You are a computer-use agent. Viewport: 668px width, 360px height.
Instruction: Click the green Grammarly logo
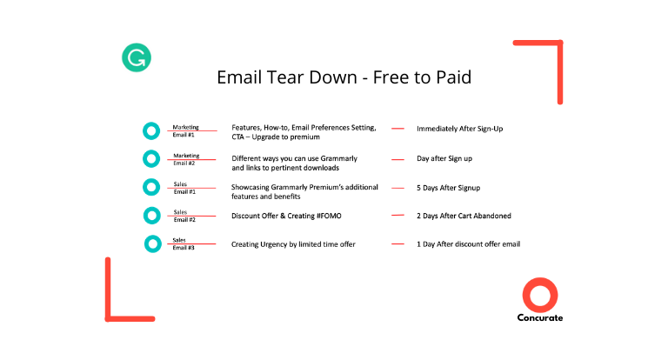(x=137, y=57)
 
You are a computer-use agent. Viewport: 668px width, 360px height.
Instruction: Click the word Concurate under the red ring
(x=540, y=317)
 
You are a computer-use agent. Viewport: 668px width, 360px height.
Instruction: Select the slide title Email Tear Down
(x=287, y=77)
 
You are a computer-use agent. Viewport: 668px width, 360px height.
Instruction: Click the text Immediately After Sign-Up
(x=459, y=129)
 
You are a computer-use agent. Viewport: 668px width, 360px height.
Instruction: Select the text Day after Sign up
(x=444, y=158)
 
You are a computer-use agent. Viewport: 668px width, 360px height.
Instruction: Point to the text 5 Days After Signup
(x=448, y=188)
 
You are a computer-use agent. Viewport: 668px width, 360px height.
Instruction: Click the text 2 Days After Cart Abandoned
(x=464, y=216)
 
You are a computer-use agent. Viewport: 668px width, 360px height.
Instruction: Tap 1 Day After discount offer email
(x=468, y=244)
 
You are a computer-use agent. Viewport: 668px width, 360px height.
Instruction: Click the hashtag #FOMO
(x=329, y=216)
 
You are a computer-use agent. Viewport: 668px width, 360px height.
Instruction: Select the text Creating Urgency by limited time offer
(x=293, y=244)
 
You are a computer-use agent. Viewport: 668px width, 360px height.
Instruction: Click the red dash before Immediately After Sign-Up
(x=397, y=128)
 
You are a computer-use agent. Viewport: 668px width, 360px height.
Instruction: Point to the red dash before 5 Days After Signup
(x=397, y=188)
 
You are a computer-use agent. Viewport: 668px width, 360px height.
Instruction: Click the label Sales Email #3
(x=184, y=243)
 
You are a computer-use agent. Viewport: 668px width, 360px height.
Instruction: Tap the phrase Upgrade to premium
(x=285, y=137)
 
